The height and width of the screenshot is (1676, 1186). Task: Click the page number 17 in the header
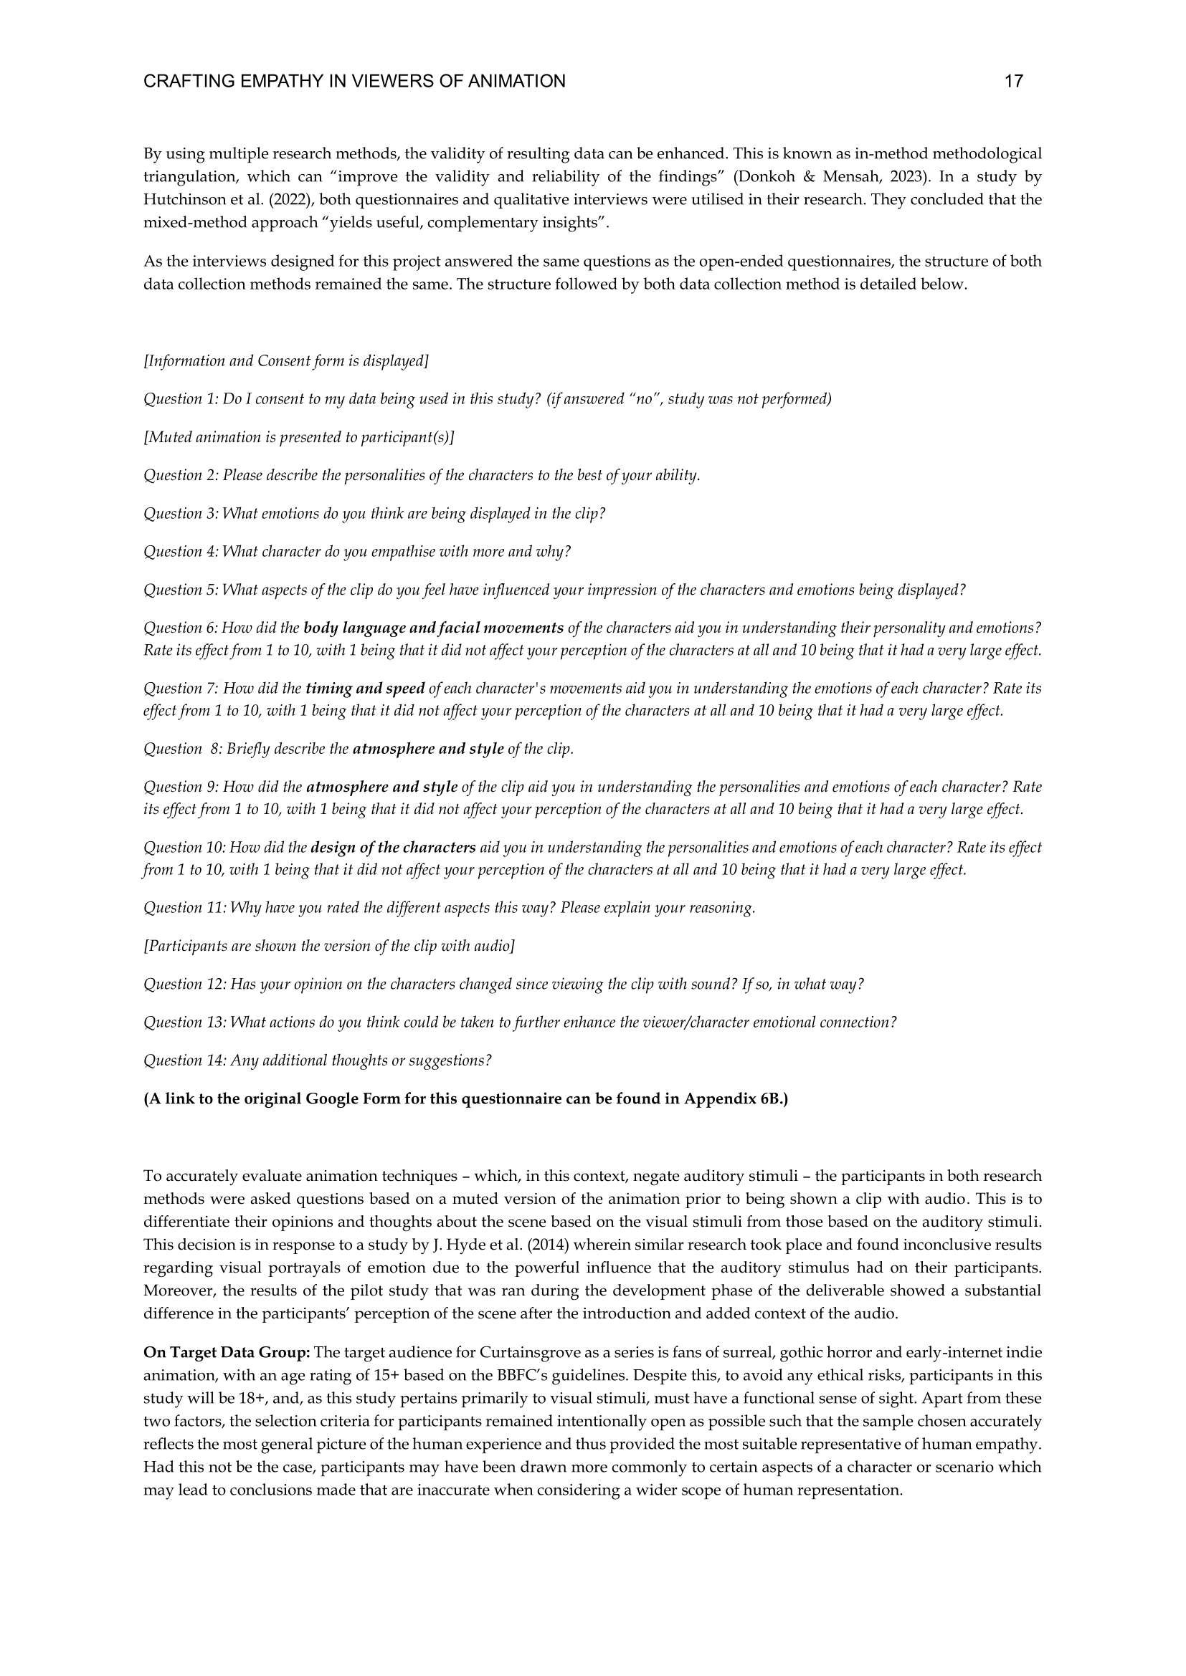point(1014,81)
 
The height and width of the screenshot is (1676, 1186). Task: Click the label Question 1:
point(181,398)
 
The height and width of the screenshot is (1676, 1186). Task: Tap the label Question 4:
point(181,551)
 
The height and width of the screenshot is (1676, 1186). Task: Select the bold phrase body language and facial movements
point(433,628)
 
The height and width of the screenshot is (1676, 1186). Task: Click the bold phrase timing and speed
point(365,689)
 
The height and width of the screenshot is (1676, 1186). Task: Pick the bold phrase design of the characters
point(393,848)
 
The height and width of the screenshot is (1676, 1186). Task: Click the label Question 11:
point(184,908)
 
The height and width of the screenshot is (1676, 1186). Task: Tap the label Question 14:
point(185,1060)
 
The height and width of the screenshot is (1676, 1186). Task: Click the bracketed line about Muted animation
point(299,437)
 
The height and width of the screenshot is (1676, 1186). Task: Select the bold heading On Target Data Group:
point(227,1353)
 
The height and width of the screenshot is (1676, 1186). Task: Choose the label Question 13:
point(185,1022)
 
